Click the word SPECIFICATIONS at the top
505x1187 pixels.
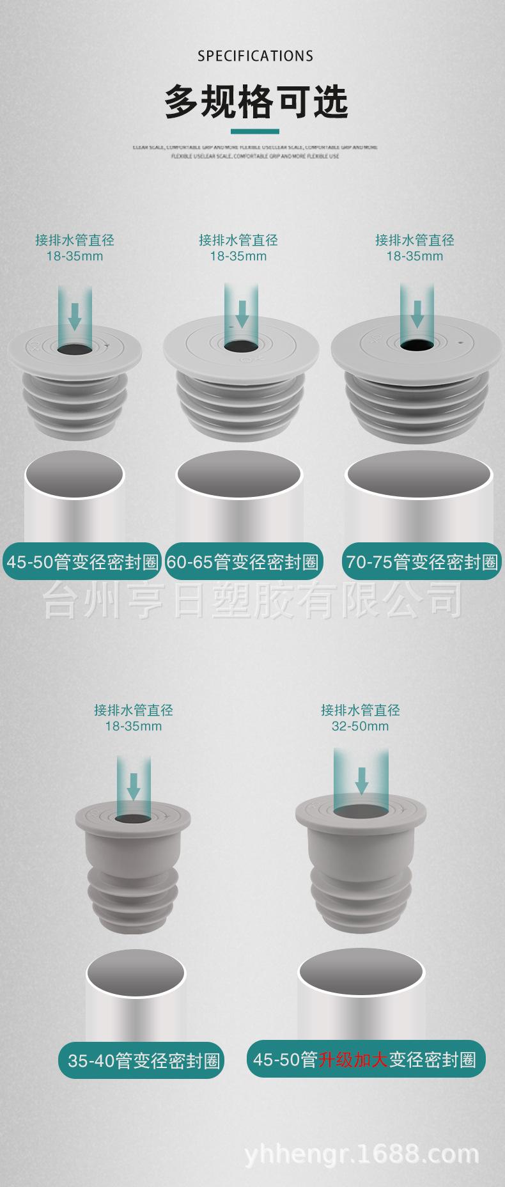click(x=255, y=56)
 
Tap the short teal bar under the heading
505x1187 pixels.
click(x=254, y=132)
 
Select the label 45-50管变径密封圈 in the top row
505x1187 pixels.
click(x=82, y=562)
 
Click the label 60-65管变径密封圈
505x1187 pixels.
click(x=243, y=562)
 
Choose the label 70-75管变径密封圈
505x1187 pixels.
click(x=422, y=562)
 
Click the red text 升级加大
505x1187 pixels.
click(x=353, y=1060)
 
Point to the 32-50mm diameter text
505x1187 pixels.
click(x=360, y=726)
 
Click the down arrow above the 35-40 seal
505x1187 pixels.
click(x=133, y=785)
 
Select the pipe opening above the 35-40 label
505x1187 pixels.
click(x=136, y=973)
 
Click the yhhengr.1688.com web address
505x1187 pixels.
click(x=362, y=1154)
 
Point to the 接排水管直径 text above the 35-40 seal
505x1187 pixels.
click(x=133, y=710)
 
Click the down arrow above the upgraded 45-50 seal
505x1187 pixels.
click(x=361, y=779)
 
